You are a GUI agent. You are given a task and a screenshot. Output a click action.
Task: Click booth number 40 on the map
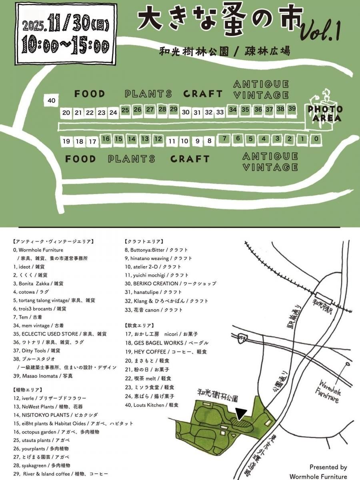(x=51, y=100)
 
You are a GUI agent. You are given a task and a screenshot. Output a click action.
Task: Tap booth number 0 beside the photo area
(x=316, y=139)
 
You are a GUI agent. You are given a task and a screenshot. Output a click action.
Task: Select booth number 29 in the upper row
(x=173, y=109)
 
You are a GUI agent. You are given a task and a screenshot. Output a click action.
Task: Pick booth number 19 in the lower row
(x=66, y=141)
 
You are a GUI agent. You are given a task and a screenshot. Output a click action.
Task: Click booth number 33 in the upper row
(x=220, y=112)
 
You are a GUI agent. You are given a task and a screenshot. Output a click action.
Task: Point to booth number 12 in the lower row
(x=158, y=139)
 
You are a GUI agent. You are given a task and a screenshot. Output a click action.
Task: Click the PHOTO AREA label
(x=325, y=114)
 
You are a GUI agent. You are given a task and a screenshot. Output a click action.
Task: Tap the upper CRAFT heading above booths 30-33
(x=203, y=94)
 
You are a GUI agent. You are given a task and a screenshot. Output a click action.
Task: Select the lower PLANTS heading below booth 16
(x=131, y=159)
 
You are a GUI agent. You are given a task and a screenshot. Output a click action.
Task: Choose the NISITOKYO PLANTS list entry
(x=55, y=415)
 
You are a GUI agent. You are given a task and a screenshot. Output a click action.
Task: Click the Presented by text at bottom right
(x=328, y=467)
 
